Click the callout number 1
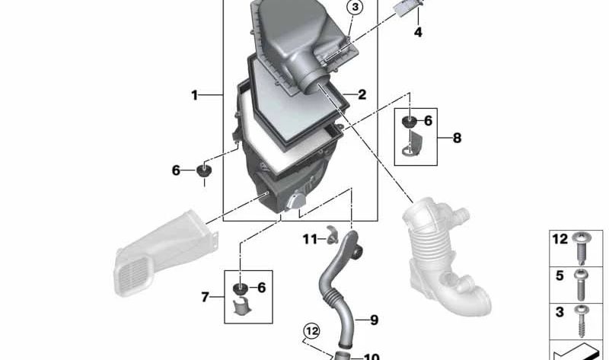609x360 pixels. pyautogui.click(x=194, y=95)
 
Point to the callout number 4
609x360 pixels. pyautogui.click(x=418, y=32)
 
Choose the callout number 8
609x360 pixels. pyautogui.click(x=457, y=138)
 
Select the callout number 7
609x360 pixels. pyautogui.click(x=205, y=297)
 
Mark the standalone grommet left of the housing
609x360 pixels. pyautogui.click(x=204, y=170)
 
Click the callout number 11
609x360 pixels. pyautogui.click(x=308, y=239)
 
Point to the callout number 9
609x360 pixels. pyautogui.click(x=373, y=320)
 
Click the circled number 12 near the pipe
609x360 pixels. pyautogui.click(x=311, y=330)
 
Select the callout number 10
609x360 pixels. pyautogui.click(x=371, y=355)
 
